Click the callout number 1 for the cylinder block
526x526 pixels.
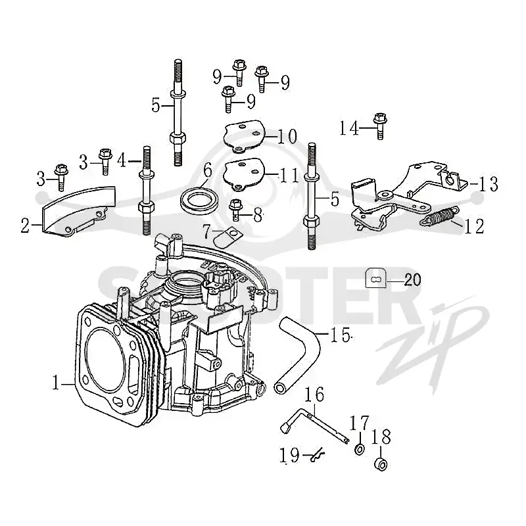[x=56, y=383]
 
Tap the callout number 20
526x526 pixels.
[x=412, y=279]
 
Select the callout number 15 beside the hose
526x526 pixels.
[x=341, y=334]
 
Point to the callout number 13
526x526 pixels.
[x=488, y=184]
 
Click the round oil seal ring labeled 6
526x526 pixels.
[x=200, y=201]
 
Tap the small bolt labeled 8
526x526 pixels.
[x=235, y=210]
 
